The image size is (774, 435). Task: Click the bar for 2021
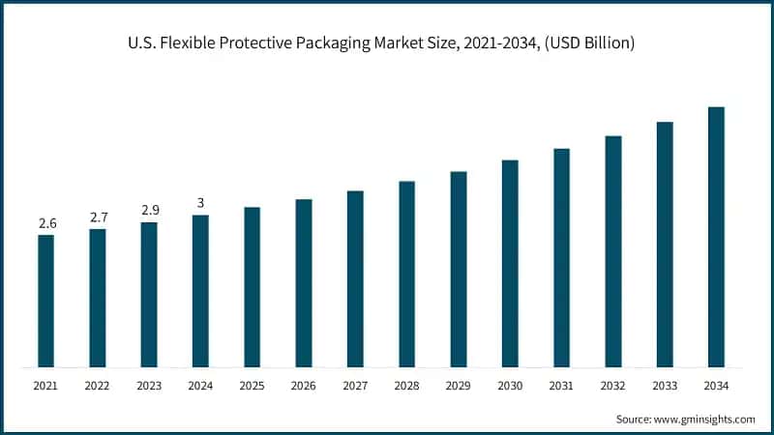(x=46, y=301)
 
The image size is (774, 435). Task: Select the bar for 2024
(x=200, y=291)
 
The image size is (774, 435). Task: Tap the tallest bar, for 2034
(x=716, y=237)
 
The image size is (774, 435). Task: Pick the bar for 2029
(x=459, y=270)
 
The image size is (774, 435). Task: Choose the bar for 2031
(x=561, y=258)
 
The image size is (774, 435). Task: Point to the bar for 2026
(x=304, y=283)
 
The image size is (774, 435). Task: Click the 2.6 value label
(x=47, y=223)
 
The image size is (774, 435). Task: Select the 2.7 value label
(x=99, y=217)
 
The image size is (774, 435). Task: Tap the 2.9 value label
(x=150, y=211)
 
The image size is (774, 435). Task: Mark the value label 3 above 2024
(x=201, y=203)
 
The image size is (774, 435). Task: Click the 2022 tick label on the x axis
(x=98, y=386)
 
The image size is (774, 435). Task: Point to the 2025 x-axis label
(x=252, y=386)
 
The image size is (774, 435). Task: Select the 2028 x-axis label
(x=406, y=386)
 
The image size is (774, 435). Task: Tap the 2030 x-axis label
(x=510, y=386)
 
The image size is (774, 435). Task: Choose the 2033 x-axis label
(x=665, y=386)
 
